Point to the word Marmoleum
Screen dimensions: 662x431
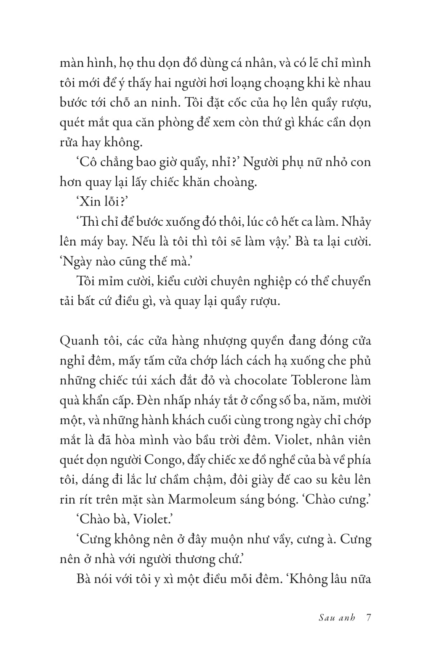click(202, 499)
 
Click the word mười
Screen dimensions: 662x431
click(357, 400)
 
